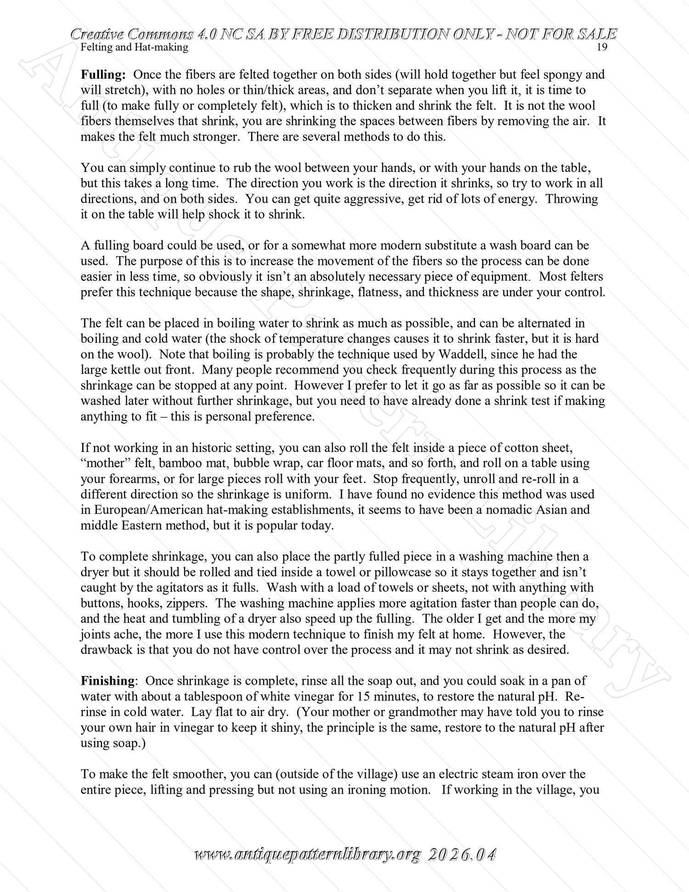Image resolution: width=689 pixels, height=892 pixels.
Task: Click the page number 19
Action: [x=602, y=47]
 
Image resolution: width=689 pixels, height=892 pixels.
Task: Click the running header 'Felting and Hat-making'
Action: [x=134, y=47]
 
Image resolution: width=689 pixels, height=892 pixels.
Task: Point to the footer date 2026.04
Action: [x=462, y=855]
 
